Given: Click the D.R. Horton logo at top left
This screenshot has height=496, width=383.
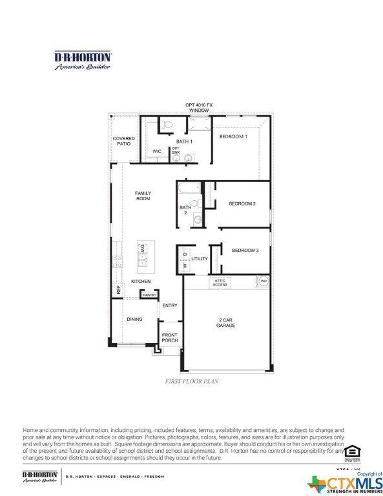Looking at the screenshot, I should tap(83, 60).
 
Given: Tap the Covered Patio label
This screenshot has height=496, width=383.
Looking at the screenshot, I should tap(123, 141).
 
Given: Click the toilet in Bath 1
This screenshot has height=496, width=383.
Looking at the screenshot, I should tap(166, 124).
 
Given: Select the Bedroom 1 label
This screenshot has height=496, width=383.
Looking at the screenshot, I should tap(233, 137).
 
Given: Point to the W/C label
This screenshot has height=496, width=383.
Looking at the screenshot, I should tap(157, 151).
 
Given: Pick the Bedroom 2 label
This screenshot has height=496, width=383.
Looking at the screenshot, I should tap(242, 203).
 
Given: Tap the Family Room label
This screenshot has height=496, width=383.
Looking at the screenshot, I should tap(142, 196).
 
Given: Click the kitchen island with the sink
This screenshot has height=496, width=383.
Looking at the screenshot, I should tap(146, 254).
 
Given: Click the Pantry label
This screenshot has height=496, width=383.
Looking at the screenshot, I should tap(150, 294).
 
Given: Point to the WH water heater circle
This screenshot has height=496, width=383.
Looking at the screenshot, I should tap(263, 281).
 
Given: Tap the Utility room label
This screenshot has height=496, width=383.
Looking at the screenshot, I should tap(200, 258).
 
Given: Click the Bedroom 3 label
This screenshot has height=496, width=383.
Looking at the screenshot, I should tap(245, 250).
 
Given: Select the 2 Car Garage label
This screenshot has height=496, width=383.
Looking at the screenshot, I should tap(226, 322).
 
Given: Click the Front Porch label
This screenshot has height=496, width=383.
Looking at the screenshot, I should tap(169, 338).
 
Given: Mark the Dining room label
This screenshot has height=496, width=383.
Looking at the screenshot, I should tap(134, 319).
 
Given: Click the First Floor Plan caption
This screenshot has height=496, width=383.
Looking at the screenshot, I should tap(191, 382).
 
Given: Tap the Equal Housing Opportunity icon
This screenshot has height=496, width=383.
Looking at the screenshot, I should tap(351, 451).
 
